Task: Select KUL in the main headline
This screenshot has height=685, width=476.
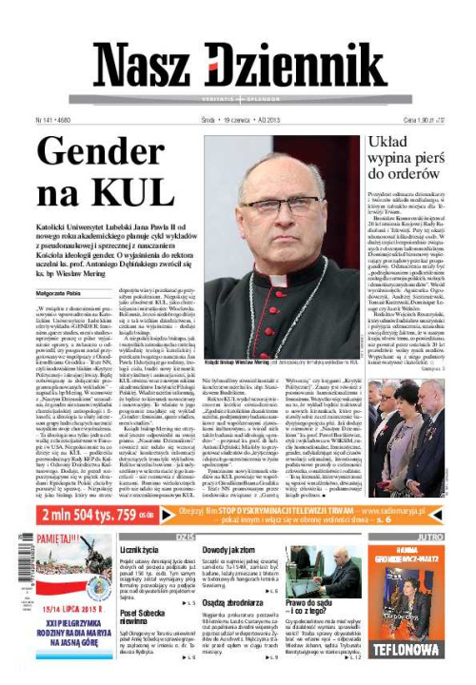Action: (x=120, y=193)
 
